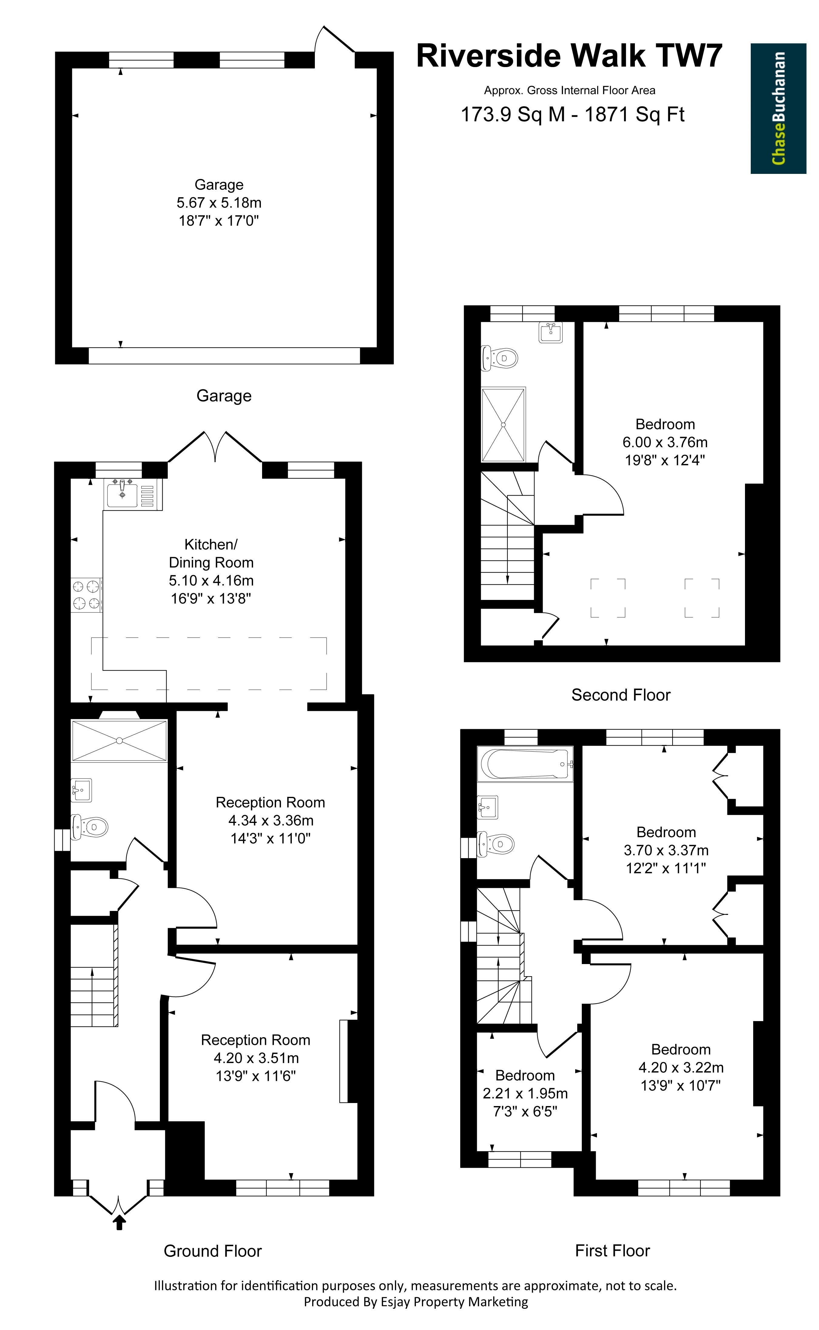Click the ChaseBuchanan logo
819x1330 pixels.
(x=778, y=108)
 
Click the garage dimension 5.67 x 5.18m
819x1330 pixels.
(x=219, y=203)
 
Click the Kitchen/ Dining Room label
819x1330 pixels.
(x=211, y=553)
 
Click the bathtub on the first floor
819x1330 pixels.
(x=525, y=764)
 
